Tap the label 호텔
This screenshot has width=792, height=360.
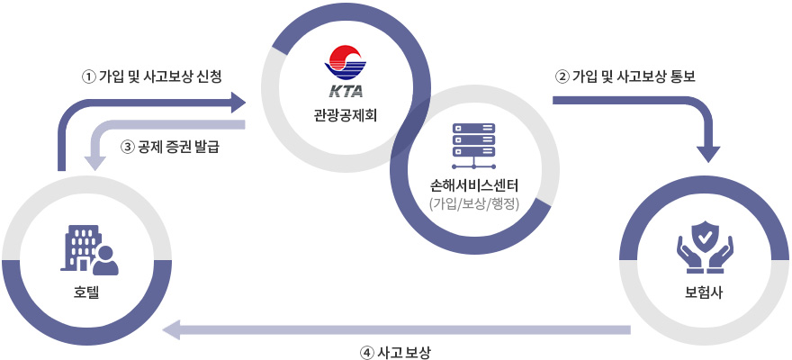87,292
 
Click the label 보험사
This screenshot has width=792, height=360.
706,292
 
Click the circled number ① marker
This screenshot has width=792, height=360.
88,76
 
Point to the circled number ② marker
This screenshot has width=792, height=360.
562,76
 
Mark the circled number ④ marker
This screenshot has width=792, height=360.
366,352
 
